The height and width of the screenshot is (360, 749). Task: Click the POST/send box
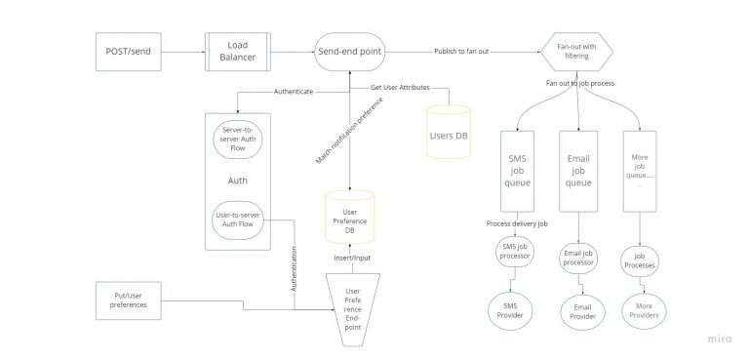pyautogui.click(x=129, y=51)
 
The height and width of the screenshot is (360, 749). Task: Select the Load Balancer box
pyautogui.click(x=236, y=51)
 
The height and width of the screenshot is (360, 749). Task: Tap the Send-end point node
pyautogui.click(x=350, y=51)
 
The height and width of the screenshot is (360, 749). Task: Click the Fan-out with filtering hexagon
pyautogui.click(x=577, y=51)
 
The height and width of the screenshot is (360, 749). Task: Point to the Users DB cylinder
pyautogui.click(x=449, y=134)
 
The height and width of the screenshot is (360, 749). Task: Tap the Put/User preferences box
pyautogui.click(x=129, y=299)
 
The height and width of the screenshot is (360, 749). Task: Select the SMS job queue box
pyautogui.click(x=518, y=170)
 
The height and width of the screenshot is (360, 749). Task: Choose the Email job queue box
pyautogui.click(x=579, y=170)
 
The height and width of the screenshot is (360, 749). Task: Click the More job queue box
pyautogui.click(x=640, y=170)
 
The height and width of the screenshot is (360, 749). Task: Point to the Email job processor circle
pyautogui.click(x=579, y=258)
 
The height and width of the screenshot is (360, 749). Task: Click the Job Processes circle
pyautogui.click(x=640, y=260)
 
